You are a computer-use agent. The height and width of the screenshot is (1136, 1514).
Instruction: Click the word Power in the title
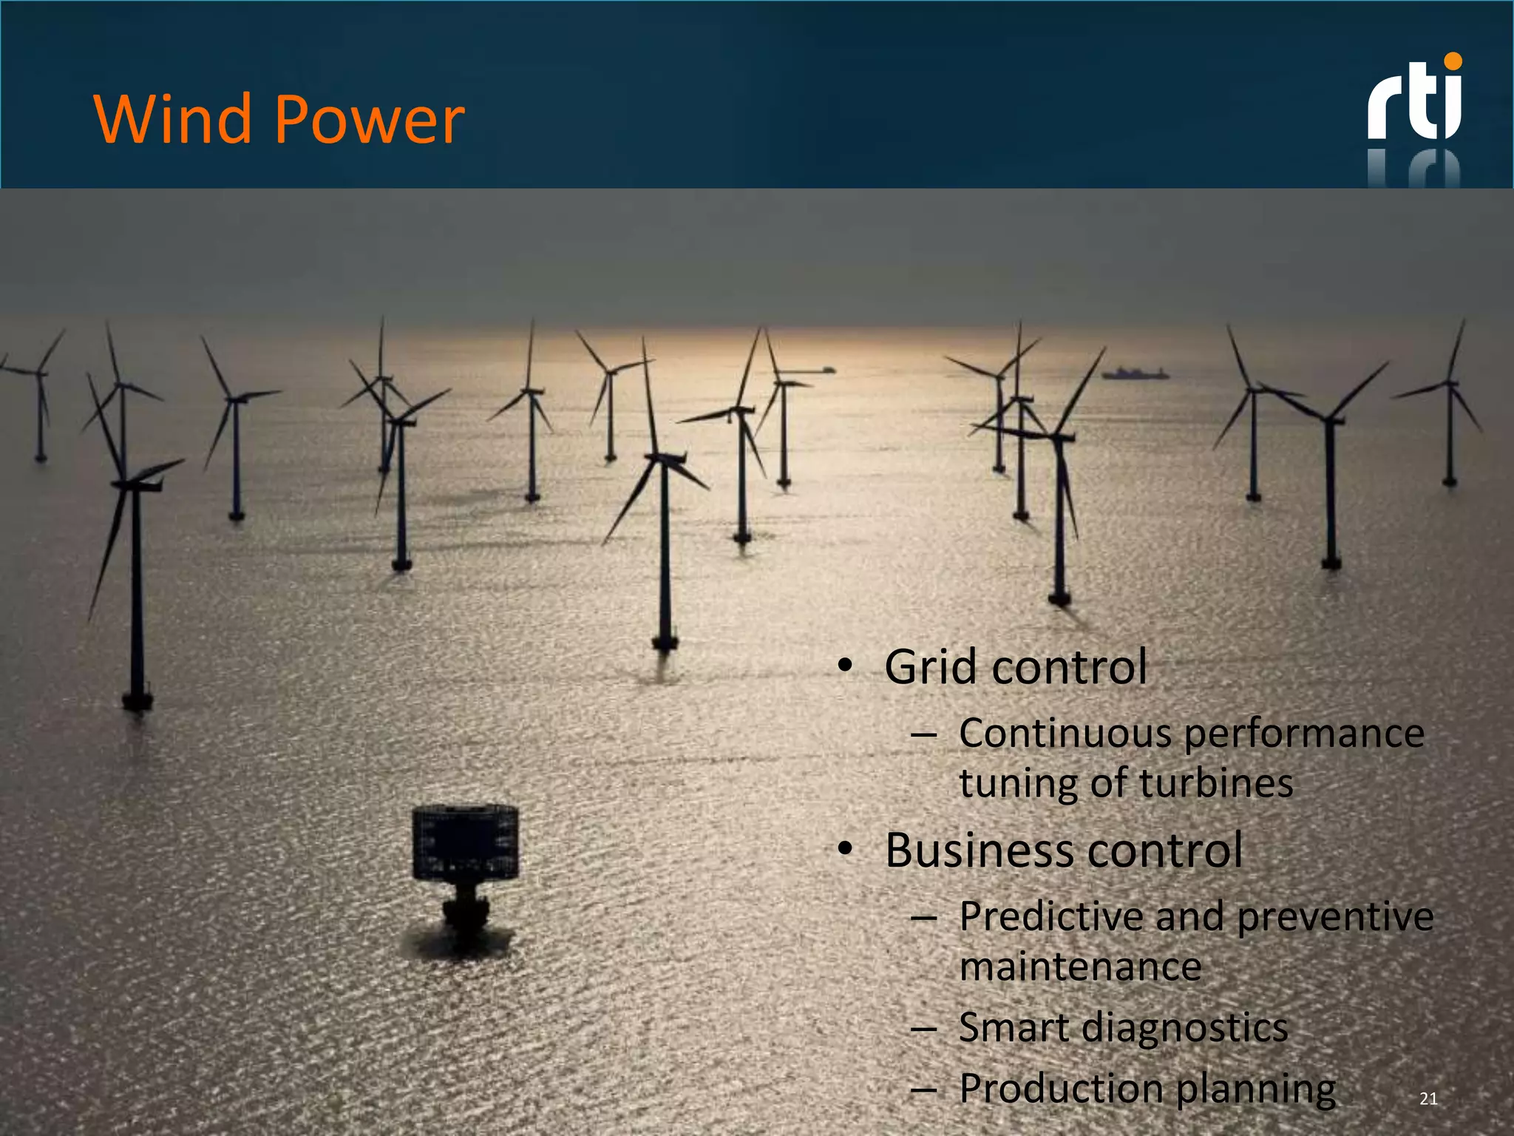(370, 120)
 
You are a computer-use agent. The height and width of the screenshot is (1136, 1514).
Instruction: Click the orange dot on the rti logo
(1453, 61)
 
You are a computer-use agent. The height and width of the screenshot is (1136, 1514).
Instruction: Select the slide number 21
(1428, 1098)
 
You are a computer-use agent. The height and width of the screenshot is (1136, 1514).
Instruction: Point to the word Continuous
(1064, 734)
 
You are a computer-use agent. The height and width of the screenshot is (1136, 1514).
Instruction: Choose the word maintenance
(1079, 967)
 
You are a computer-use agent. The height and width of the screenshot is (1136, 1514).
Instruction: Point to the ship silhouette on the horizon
(1135, 373)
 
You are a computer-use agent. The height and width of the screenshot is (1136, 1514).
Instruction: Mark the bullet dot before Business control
(846, 849)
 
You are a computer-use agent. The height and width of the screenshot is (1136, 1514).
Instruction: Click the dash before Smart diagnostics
(923, 1029)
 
